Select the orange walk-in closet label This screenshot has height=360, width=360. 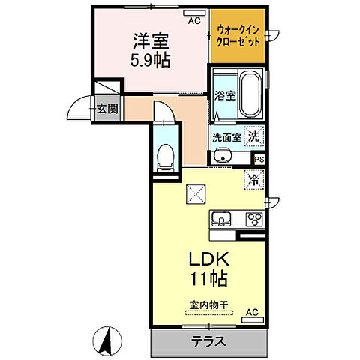pos(237,35)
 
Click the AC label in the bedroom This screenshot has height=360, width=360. pos(194,21)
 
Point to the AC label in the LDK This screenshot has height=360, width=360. pos(252,312)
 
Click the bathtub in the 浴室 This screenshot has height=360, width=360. pos(249,94)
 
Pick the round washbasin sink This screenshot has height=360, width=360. pos(220,156)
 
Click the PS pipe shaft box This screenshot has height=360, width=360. pos(259,159)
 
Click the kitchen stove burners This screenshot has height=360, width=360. pos(253,220)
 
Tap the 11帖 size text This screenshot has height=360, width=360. pos(208,278)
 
